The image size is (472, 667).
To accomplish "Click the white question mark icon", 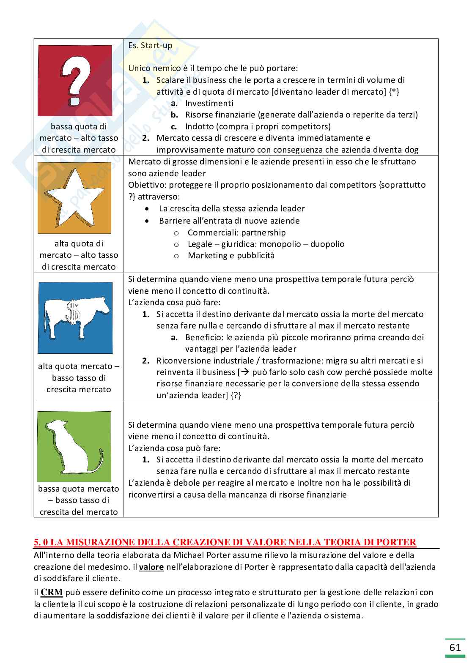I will coord(76,80).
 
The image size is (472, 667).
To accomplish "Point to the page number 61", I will coord(455,648).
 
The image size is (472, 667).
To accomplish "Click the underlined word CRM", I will coord(49,593).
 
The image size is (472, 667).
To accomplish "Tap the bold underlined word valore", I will coord(151,567).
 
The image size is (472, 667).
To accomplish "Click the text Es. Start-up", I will coord(150,45).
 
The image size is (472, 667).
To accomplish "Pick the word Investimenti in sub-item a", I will coord(209,103).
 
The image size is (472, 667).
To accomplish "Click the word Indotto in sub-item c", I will coord(199,126).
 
